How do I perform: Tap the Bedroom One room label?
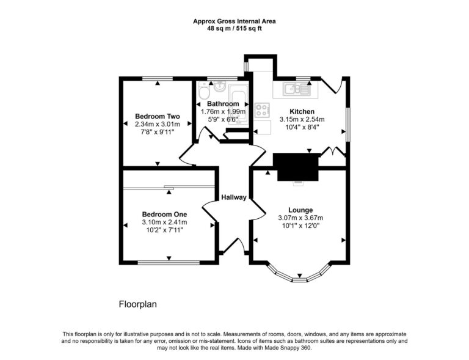(x=164, y=214)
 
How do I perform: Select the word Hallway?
(x=233, y=197)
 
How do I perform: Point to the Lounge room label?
(x=300, y=210)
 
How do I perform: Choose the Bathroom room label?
(x=223, y=104)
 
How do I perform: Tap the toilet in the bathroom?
(x=204, y=92)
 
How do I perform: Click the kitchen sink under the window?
(x=296, y=90)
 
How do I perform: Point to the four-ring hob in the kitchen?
(x=263, y=111)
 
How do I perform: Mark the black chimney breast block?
(x=296, y=166)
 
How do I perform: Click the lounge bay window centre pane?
(x=300, y=279)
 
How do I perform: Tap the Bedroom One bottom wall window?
(x=168, y=263)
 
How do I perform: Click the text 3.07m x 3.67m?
(x=300, y=218)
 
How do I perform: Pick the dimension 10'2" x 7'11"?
(x=164, y=230)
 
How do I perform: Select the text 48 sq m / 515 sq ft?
(x=234, y=28)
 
